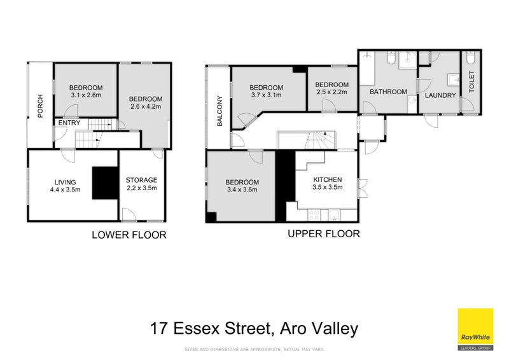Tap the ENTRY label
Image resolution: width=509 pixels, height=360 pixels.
pos(69,123)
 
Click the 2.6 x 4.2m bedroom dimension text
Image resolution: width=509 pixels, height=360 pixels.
pos(146,107)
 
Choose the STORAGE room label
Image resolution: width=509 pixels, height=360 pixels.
pos(141,180)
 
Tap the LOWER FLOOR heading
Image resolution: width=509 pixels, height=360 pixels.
pos(129,235)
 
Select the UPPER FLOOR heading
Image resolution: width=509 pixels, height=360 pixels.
pos(324,234)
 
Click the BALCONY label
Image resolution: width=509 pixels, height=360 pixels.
pos(220,113)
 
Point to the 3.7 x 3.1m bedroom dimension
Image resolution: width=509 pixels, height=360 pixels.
pos(266,95)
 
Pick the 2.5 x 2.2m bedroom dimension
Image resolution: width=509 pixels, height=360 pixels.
pos(331,93)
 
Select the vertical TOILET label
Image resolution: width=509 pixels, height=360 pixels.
pos(471,83)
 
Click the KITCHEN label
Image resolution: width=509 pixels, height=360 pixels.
pos(328,179)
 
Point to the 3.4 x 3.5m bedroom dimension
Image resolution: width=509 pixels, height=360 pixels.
pos(241,190)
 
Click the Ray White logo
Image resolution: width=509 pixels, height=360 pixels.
pos(475,329)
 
